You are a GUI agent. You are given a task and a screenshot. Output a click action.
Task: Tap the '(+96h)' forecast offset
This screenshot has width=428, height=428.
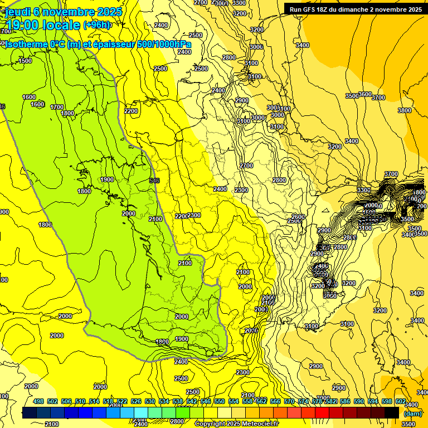[x=97, y=25]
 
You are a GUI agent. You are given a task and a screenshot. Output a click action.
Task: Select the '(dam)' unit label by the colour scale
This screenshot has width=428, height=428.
[x=412, y=413]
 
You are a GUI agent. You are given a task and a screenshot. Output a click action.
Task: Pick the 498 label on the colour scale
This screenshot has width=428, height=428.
[x=38, y=401]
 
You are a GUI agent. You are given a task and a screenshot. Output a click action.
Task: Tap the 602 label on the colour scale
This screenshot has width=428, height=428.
[x=401, y=401]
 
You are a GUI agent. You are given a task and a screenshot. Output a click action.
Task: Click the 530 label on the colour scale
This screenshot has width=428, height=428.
[x=150, y=401]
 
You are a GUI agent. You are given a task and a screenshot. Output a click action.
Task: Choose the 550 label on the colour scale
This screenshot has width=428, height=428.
[x=220, y=401]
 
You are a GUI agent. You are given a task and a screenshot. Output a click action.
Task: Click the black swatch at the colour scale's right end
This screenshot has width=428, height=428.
[x=392, y=412]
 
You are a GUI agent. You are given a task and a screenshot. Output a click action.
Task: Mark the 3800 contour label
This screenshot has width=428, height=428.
[x=405, y=110]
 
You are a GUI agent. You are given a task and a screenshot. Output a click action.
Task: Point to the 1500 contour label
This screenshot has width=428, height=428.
[x=25, y=61]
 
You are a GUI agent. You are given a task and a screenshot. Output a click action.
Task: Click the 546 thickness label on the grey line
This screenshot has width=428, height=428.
[x=155, y=181]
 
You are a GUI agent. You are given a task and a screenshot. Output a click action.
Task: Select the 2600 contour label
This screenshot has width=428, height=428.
[x=298, y=217]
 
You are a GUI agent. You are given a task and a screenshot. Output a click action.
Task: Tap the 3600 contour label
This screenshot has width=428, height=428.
[x=365, y=94]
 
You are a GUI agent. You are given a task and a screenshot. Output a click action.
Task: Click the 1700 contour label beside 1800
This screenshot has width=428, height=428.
[x=57, y=107]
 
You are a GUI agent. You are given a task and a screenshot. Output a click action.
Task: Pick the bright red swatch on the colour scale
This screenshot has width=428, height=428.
[x=322, y=412]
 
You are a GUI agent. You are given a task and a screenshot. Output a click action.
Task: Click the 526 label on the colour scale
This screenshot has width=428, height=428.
[x=136, y=401]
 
